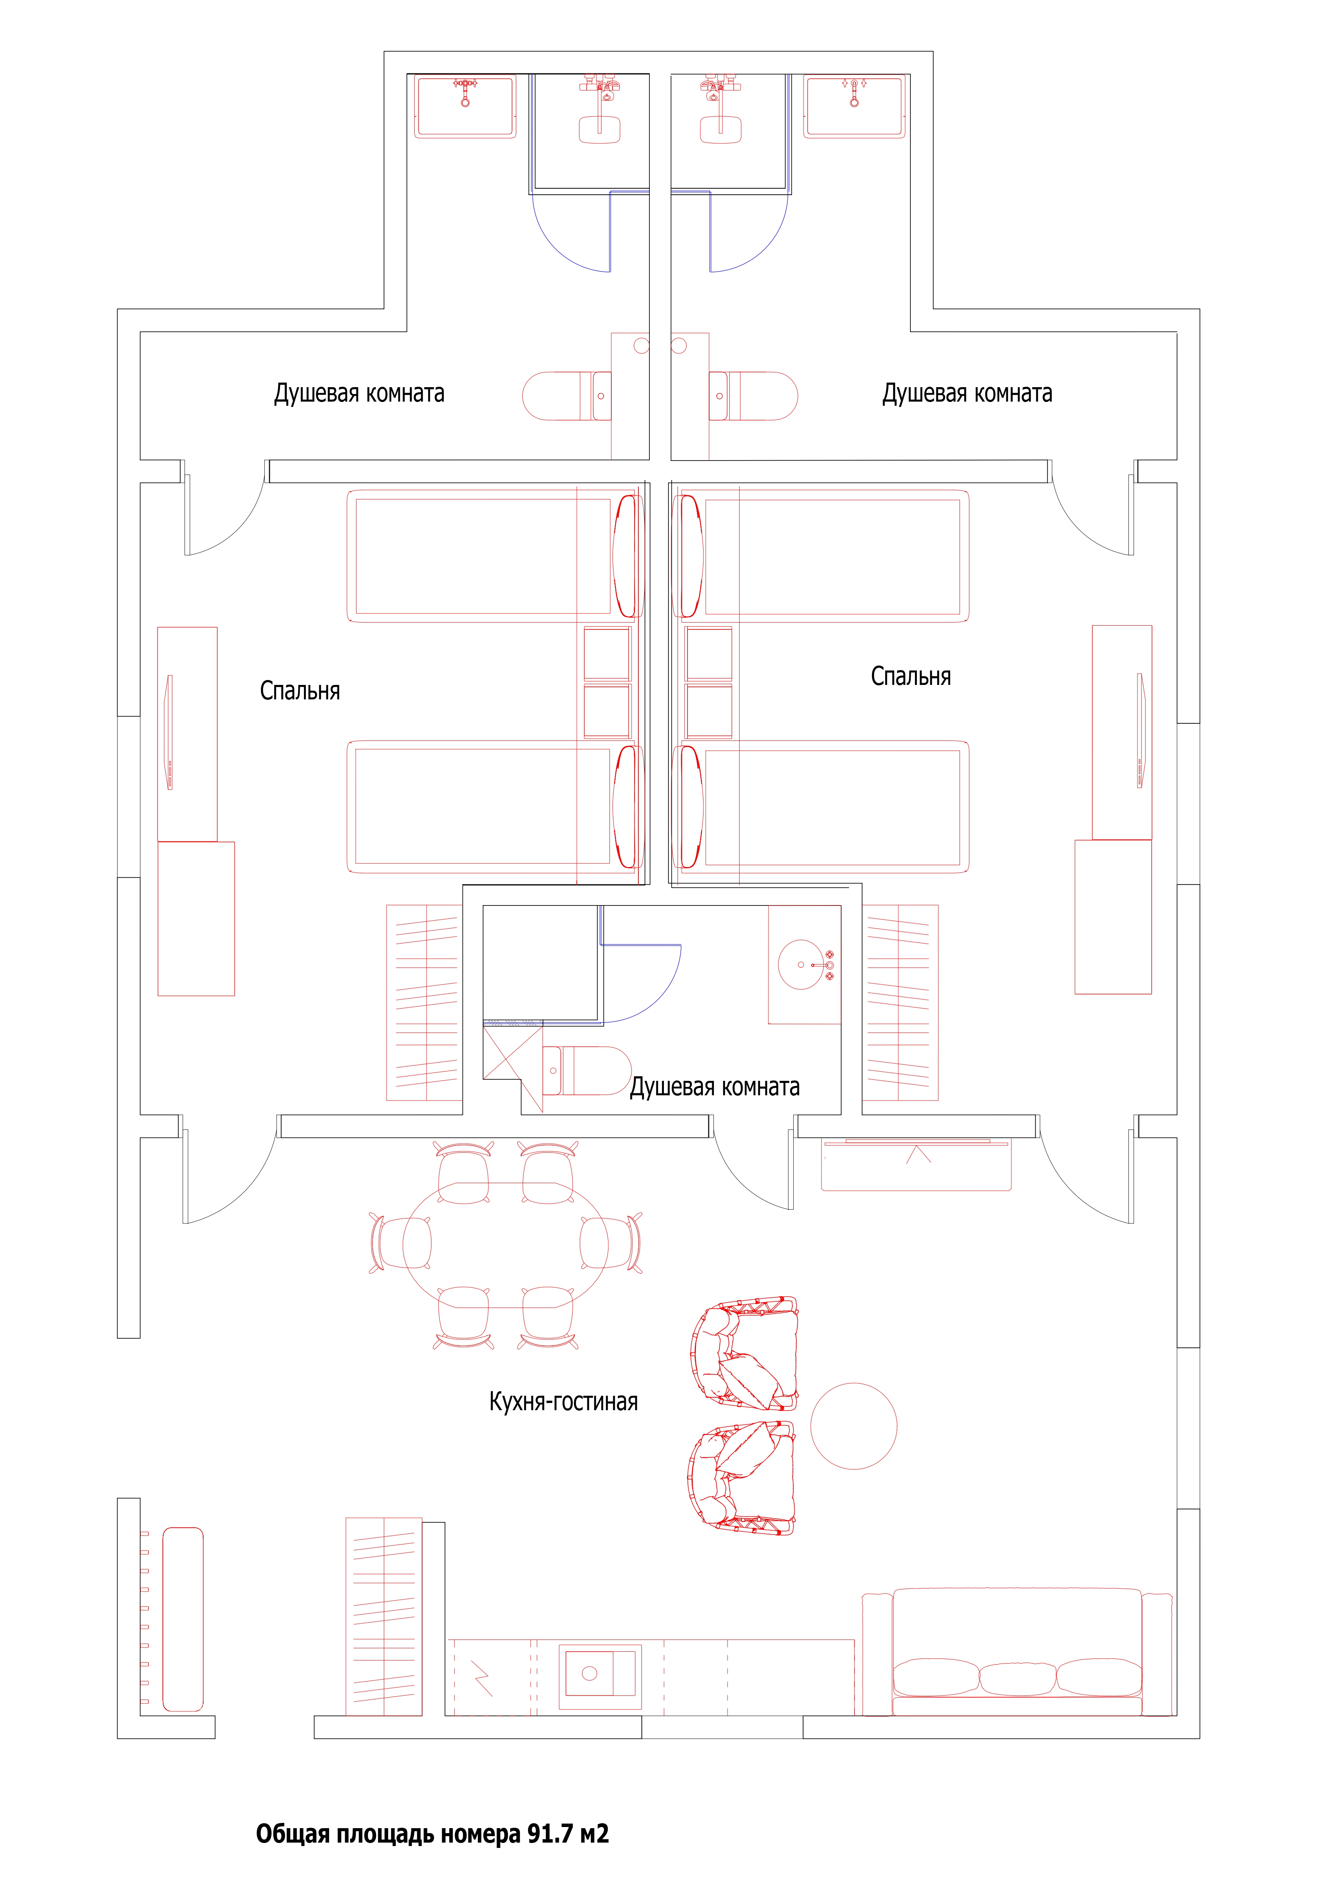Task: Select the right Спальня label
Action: (911, 676)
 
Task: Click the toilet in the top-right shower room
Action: (753, 396)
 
